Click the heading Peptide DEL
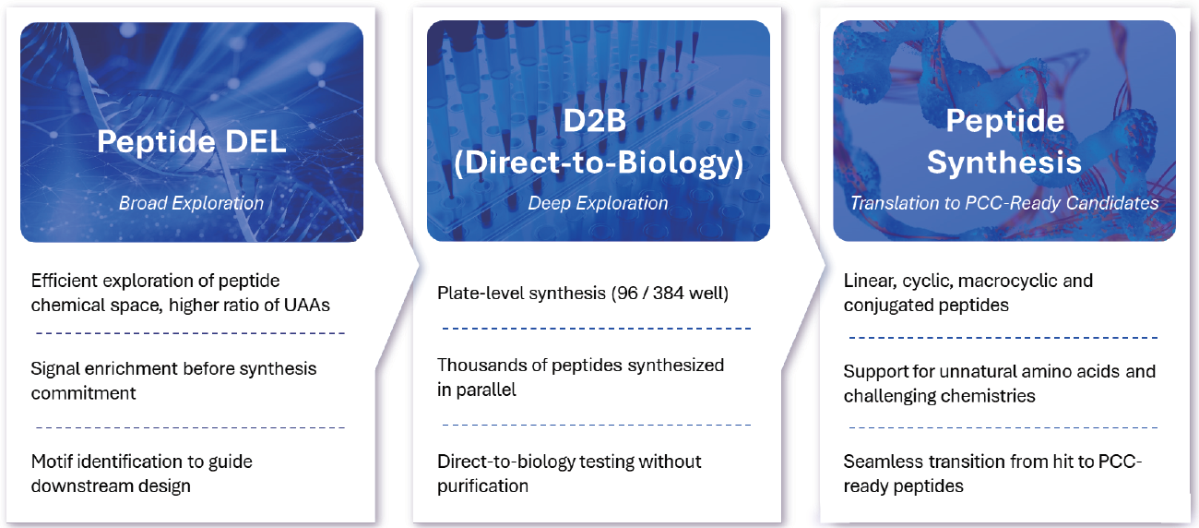(x=191, y=144)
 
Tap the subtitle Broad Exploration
(x=191, y=203)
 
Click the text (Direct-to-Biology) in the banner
(x=598, y=162)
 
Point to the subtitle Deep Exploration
(x=598, y=203)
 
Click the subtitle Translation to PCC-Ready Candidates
(x=1004, y=203)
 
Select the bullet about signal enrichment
(x=173, y=380)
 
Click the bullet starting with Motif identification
(x=141, y=473)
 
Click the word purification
(x=482, y=486)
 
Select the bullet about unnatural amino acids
(x=999, y=384)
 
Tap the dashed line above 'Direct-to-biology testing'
(x=597, y=425)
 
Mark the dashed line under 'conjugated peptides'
(x=1003, y=339)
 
